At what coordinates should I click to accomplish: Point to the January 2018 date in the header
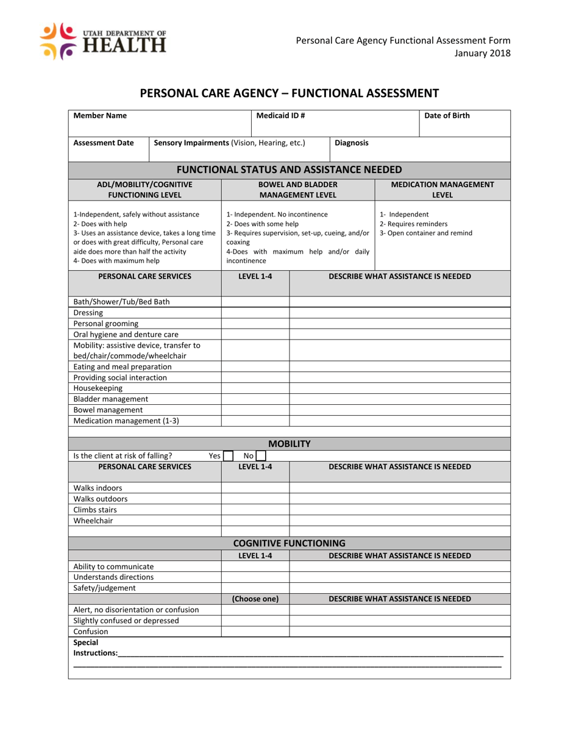[483, 54]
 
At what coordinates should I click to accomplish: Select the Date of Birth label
[447, 115]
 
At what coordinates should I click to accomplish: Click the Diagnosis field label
[352, 143]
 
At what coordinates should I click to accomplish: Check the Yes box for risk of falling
[228, 455]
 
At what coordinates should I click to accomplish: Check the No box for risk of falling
[261, 455]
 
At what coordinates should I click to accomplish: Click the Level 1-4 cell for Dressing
[255, 313]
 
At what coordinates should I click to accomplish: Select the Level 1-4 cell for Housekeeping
[255, 388]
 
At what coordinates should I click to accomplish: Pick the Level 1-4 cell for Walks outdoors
[255, 499]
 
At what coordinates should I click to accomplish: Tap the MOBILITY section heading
[289, 444]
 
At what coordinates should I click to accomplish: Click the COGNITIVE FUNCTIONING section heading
[289, 543]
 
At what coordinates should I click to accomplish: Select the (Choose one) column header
[255, 599]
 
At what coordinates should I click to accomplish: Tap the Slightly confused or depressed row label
[126, 621]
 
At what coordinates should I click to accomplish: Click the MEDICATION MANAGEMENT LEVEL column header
[442, 190]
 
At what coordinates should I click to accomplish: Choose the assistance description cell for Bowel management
[399, 410]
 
